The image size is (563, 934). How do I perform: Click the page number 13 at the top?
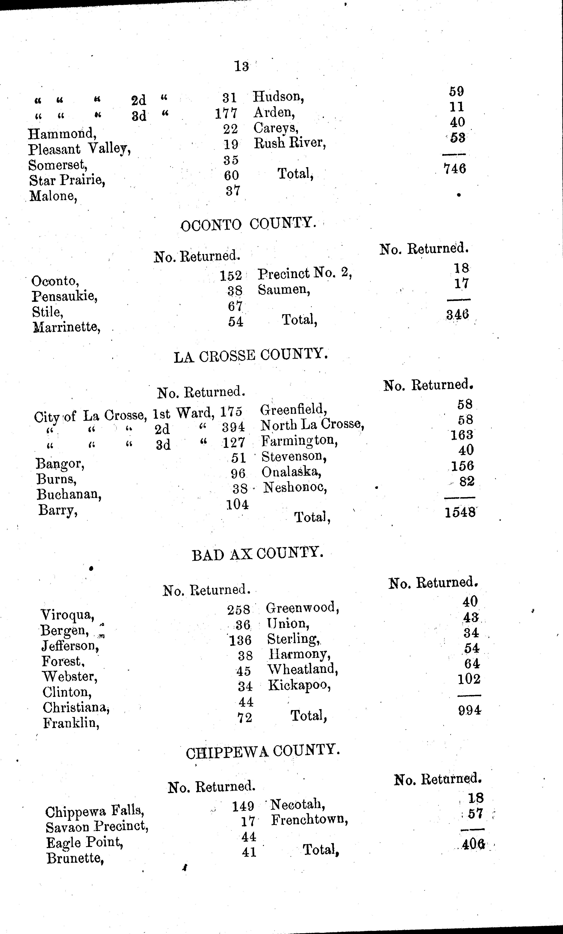coord(241,66)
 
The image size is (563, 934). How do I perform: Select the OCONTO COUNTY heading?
coord(248,224)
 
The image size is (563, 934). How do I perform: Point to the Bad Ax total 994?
coord(469,710)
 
